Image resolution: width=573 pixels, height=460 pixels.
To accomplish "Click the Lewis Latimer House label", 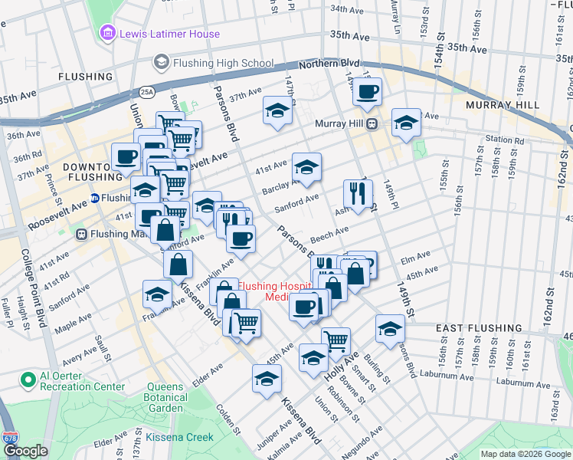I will click(169, 34).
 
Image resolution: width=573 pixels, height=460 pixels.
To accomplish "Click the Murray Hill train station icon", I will click(372, 123).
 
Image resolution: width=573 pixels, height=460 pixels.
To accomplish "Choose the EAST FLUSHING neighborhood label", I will click(479, 327).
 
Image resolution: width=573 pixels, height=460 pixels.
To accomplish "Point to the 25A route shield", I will click(147, 92).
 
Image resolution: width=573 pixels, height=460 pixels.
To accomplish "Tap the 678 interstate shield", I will click(10, 438).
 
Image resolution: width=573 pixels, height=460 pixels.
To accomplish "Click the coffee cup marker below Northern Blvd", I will click(367, 93).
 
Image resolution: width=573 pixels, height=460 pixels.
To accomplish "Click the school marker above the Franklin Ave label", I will click(157, 294).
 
